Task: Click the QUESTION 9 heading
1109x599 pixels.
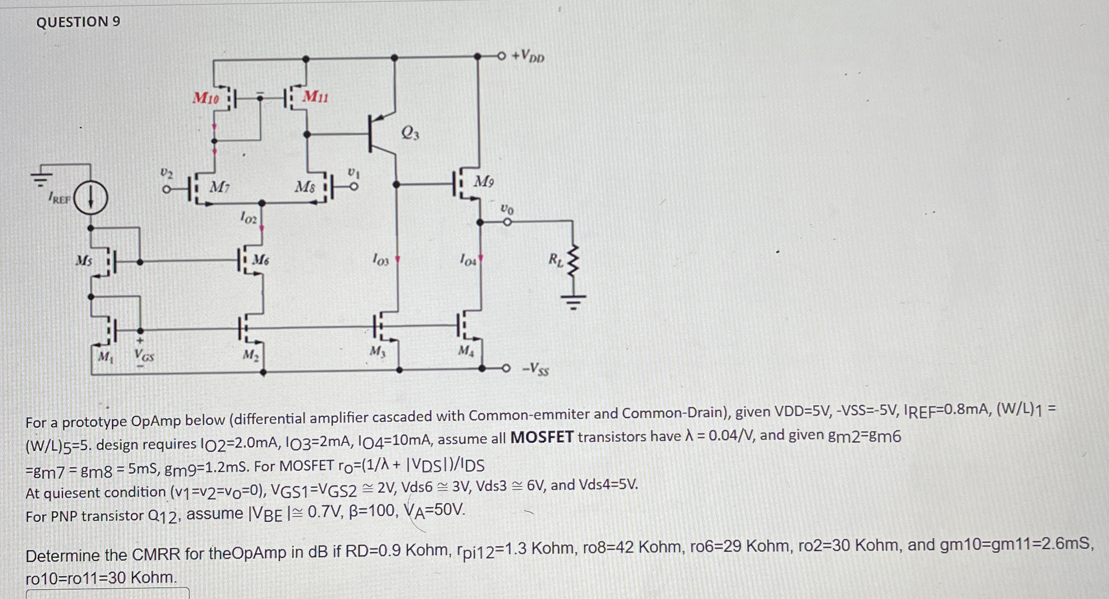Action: coord(78,22)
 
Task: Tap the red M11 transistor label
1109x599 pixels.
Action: coord(315,96)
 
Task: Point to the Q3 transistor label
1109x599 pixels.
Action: coord(410,133)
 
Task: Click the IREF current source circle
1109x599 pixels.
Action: coord(90,198)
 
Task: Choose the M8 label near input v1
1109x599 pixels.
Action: coord(305,187)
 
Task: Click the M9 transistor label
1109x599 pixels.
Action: coord(484,182)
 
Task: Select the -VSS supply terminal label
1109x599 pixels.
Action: coord(535,369)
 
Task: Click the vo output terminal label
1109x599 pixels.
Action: coord(507,209)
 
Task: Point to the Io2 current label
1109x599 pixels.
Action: coord(248,219)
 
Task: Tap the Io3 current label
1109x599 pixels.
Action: coord(381,259)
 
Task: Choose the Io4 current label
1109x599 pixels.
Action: coord(468,259)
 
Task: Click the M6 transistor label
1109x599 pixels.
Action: coord(261,259)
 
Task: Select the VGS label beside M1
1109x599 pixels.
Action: coord(144,357)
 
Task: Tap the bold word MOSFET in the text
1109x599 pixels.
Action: coord(542,437)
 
